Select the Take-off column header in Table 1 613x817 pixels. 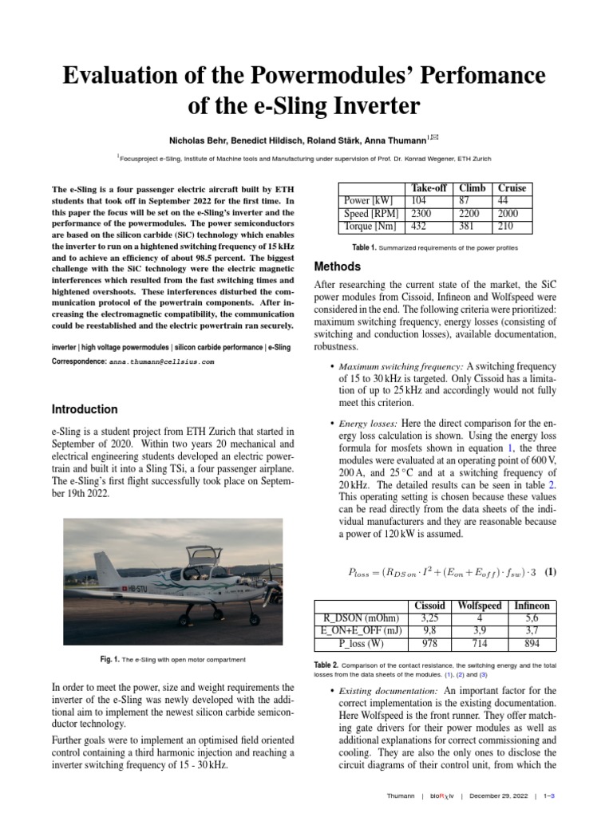point(429,187)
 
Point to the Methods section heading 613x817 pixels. point(338,266)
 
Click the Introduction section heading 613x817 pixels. point(85,409)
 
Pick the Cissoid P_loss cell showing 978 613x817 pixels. point(429,644)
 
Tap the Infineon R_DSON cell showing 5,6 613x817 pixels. point(532,618)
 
